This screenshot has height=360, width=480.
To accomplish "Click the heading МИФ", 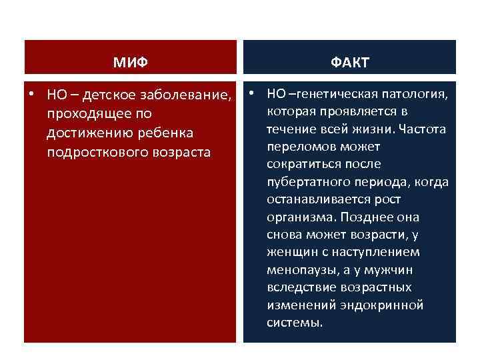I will pyautogui.click(x=130, y=63).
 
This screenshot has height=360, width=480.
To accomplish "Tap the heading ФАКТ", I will pyautogui.click(x=349, y=63).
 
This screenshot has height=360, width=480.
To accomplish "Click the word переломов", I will pyautogui.click(x=296, y=146).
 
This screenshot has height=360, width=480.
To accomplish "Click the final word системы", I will pyautogui.click(x=294, y=323).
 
